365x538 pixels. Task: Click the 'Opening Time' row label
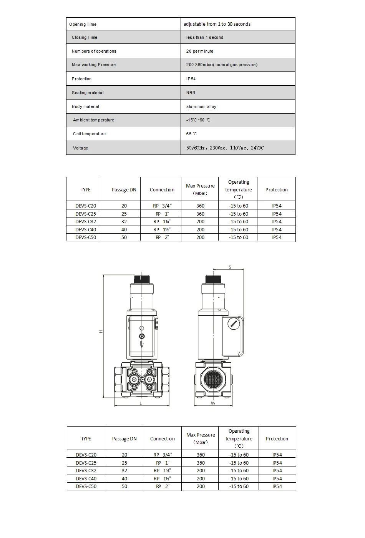(83, 24)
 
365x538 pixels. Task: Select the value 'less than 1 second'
(204, 37)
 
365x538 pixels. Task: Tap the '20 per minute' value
(199, 51)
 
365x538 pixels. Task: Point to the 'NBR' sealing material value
(191, 93)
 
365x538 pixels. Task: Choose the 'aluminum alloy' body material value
(201, 106)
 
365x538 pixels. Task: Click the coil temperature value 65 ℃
(191, 134)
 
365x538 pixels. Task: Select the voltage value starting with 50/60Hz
(225, 148)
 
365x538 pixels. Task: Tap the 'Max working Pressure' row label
(93, 65)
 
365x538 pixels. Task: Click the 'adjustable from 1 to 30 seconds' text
(217, 24)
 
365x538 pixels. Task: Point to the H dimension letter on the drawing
(101, 331)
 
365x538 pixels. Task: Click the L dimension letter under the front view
(141, 403)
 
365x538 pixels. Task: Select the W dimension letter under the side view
(213, 403)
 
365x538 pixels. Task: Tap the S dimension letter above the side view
(230, 267)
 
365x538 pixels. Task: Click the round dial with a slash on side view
(233, 324)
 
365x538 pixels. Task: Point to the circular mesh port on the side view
(214, 380)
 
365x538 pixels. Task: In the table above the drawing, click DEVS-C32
(86, 222)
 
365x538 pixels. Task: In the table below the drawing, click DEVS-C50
(86, 486)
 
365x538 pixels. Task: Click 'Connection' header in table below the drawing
(162, 438)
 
